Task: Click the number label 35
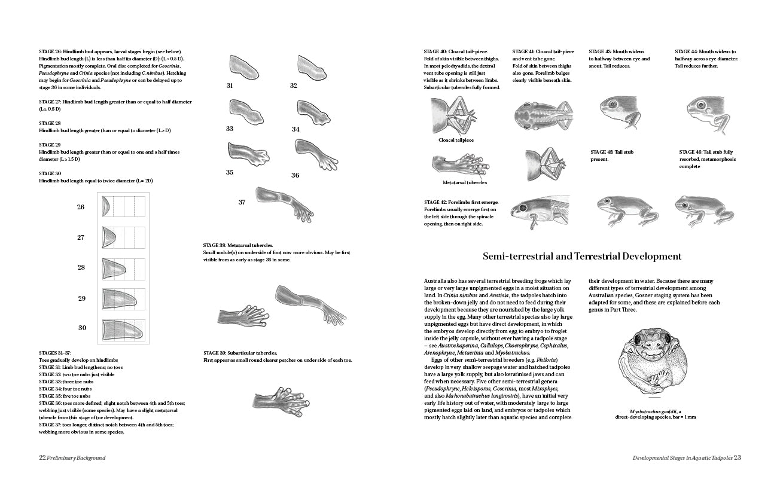230,172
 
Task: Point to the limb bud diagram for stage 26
106,207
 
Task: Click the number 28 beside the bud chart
81,267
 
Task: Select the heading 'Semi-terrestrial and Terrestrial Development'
582,256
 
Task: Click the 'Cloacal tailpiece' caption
456,140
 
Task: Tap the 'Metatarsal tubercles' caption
465,182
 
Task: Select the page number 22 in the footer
42,457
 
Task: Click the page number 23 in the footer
738,457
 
